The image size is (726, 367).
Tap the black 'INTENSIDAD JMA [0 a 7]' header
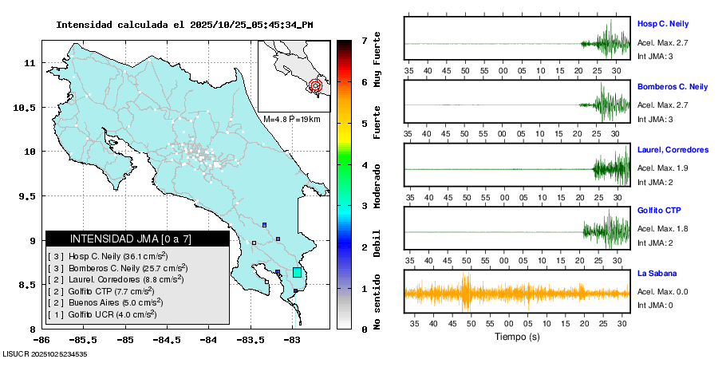[137, 239]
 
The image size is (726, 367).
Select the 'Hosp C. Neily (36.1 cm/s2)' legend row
[108, 256]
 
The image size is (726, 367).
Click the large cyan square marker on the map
[298, 272]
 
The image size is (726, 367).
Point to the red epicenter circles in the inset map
[315, 85]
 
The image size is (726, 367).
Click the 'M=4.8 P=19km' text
[292, 119]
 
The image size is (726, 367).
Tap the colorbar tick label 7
[364, 40]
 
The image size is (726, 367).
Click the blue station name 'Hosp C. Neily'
[663, 24]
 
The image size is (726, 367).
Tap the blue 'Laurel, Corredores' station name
[673, 150]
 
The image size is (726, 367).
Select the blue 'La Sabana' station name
[657, 274]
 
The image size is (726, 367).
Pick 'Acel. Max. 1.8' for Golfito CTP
[662, 229]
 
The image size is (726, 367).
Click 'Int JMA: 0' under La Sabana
[655, 305]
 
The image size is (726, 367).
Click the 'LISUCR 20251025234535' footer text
[45, 353]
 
